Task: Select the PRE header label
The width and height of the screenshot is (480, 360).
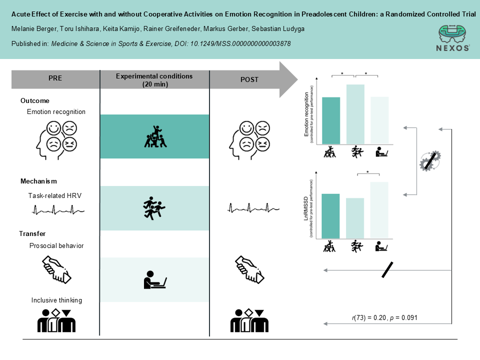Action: pos(55,78)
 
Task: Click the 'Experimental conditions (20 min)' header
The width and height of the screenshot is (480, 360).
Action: pos(154,79)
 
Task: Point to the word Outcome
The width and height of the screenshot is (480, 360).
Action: pos(35,100)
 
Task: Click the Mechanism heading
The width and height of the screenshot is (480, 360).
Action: pos(38,181)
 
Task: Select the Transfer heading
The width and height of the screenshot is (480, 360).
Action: pos(32,233)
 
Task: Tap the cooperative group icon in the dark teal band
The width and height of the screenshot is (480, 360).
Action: pos(155,136)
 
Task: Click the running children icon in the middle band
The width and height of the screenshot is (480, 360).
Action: pos(154,208)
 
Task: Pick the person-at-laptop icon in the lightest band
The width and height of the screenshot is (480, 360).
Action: pos(154,279)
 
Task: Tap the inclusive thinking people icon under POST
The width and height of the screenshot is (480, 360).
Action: pos(249,321)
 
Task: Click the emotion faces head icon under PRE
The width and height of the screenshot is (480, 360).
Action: pos(56,136)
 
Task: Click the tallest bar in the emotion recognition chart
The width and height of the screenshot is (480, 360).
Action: pos(355,114)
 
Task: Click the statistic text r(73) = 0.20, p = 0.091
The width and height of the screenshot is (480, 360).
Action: pos(384,317)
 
